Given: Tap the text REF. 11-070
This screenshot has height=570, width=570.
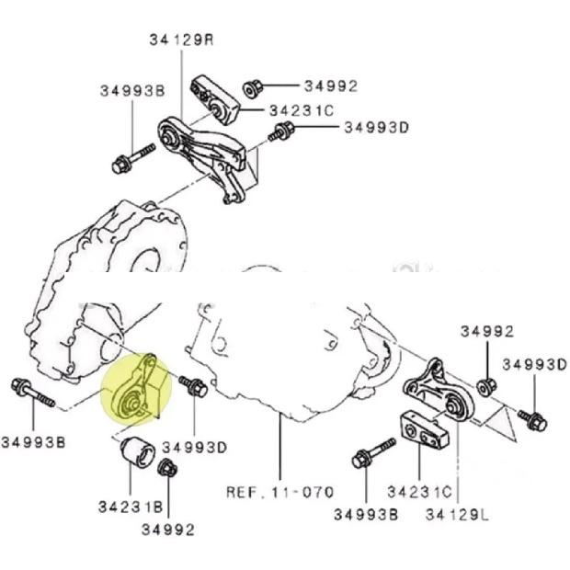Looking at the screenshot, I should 279,492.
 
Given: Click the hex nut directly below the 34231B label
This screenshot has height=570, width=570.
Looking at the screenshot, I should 166,469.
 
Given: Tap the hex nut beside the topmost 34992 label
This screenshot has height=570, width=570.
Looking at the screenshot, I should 255,89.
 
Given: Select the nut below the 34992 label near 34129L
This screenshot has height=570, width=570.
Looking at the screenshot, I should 488,382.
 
